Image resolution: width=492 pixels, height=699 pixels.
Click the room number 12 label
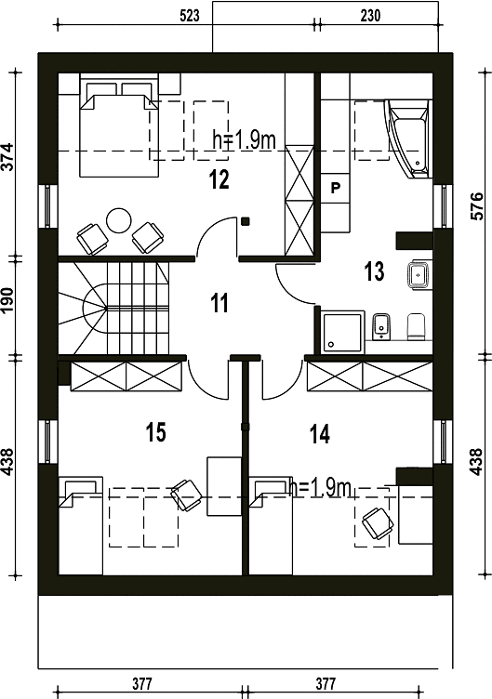219,179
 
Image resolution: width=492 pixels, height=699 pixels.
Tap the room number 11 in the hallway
219,303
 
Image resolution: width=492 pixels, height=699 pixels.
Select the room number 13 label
374,272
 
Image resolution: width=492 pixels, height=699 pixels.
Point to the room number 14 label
320,434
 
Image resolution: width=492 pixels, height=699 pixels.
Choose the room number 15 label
156,432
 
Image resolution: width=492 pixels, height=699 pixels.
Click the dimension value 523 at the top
190,16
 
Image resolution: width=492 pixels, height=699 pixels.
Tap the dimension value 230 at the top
370,16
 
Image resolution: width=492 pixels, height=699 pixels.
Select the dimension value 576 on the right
476,206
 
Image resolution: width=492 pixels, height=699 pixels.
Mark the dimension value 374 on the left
9,157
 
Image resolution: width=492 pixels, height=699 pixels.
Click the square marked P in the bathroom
336,188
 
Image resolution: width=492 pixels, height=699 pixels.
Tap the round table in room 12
119,220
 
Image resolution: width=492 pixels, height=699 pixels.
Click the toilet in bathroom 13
417,327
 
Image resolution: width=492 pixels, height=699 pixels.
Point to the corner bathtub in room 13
409,138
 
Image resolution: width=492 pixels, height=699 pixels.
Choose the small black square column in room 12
246,220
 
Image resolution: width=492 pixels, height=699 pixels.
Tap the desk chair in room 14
378,523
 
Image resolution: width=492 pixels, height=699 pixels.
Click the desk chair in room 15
186,495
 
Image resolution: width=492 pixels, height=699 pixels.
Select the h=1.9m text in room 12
245,140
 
